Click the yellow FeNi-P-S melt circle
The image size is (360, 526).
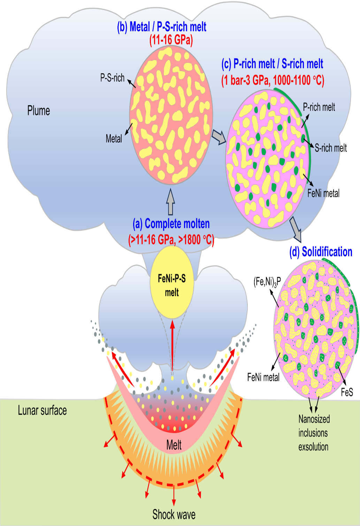coord(171,282)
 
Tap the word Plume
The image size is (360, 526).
coord(39,111)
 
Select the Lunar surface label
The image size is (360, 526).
coord(42,410)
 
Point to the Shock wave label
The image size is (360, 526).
coord(174,514)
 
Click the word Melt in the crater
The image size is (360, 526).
coord(174,445)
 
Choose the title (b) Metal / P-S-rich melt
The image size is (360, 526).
coord(162,27)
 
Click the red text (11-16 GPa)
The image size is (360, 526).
coord(171,40)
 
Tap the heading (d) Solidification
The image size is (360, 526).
coord(321,252)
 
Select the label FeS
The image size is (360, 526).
coord(347,392)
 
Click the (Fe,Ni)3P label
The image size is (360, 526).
coord(267,281)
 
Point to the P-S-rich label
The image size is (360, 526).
coord(112,78)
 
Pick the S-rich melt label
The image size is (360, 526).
coord(331,148)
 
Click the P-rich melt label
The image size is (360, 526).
coord(319,107)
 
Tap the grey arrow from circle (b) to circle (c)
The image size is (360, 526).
coord(219,137)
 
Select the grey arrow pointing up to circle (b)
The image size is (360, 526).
coord(170,202)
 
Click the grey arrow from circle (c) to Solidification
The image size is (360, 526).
coord(296,229)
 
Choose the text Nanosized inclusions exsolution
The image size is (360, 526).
coord(314,433)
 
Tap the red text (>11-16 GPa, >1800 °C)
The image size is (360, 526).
coord(171,240)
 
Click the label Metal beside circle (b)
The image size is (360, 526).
coord(114,139)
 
